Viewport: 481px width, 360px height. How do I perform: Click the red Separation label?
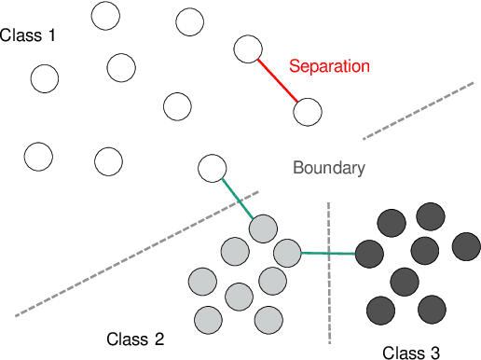point(329,66)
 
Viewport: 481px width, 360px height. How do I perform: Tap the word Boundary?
point(328,168)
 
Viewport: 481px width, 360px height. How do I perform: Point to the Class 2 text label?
point(135,339)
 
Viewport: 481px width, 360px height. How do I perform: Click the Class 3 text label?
point(411,352)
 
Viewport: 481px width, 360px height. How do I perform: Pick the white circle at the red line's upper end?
point(247,49)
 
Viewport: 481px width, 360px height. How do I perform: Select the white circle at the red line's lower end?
point(308,113)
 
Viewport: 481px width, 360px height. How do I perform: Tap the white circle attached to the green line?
point(213,169)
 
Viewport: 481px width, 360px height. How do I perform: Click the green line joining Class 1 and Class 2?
point(239,199)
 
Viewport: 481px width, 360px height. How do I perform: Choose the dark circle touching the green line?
point(370,253)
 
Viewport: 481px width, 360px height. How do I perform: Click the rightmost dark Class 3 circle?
point(466,246)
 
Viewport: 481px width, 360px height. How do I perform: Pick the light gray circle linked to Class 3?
point(287,252)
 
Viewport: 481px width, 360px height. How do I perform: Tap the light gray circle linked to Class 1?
point(264,228)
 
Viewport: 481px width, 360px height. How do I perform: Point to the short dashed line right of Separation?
point(420,110)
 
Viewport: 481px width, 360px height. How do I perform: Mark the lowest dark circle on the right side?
point(431,309)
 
